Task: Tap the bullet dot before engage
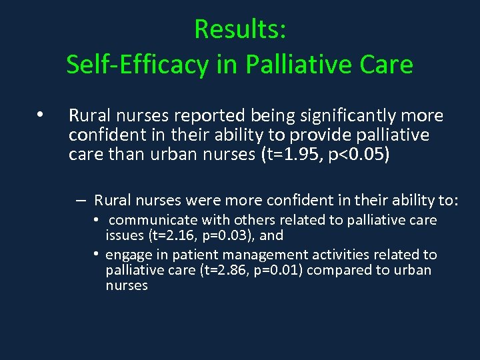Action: point(97,254)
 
